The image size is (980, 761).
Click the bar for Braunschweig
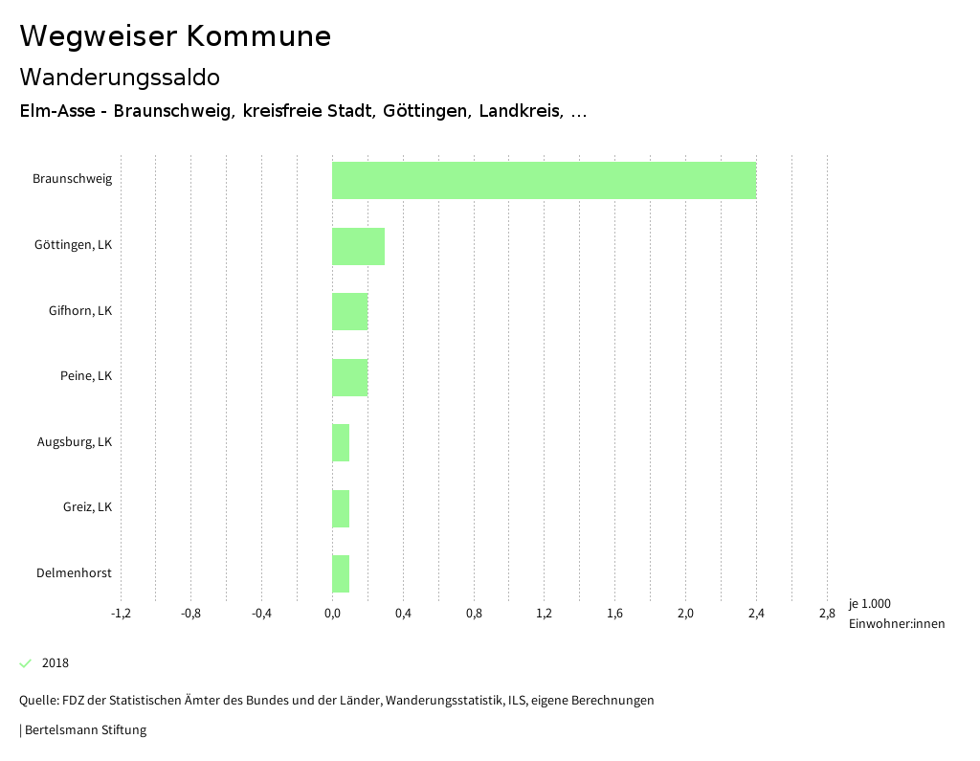544,180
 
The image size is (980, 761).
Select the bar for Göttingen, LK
358,246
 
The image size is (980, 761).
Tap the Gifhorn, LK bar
349,311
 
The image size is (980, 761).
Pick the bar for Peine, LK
349,377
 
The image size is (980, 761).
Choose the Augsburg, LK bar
341,442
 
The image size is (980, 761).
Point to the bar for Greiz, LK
341,508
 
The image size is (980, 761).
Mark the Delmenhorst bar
341,573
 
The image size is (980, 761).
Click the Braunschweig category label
72,179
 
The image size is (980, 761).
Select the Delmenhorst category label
74,573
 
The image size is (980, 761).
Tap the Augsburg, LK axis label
75,442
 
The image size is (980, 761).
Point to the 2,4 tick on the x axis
756,614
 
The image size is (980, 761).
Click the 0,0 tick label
332,614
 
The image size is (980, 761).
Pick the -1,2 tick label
121,614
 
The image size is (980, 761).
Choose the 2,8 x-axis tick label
827,614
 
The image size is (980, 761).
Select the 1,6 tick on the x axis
614,614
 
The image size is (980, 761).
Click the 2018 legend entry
55,663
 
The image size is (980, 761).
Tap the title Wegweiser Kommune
175,36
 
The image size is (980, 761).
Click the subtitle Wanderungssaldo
120,77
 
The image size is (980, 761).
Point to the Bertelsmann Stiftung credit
83,730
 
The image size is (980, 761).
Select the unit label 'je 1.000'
869,604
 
